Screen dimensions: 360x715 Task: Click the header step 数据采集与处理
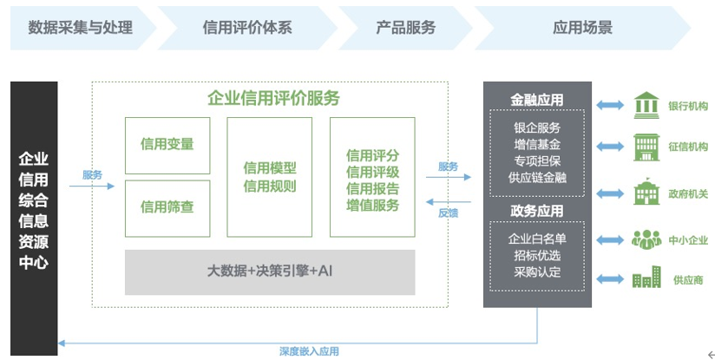coord(81,27)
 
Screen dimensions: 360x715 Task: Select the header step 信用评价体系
coord(246,27)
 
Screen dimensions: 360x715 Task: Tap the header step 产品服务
coord(405,27)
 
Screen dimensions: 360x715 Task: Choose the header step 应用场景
coord(582,27)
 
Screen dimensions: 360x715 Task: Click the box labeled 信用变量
coord(167,144)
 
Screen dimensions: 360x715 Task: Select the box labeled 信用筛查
coord(167,207)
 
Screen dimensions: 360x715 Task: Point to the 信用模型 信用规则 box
coord(270,177)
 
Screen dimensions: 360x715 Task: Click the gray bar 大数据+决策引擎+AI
coord(270,272)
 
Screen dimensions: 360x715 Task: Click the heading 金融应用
coord(537,100)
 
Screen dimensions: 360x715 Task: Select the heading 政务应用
coord(537,211)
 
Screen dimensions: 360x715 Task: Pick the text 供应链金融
coord(537,178)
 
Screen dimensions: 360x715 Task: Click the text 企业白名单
coord(537,239)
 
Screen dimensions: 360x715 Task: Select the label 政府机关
coord(688,193)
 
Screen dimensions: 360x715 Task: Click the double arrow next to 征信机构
coord(610,147)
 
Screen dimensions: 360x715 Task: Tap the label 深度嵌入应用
coord(309,350)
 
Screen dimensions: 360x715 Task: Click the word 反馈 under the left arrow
coord(448,213)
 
